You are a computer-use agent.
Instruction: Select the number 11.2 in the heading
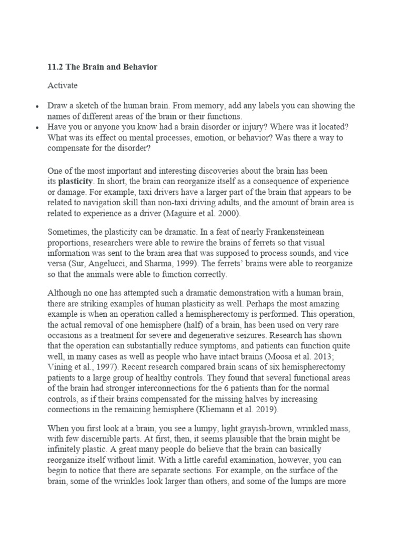point(55,67)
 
